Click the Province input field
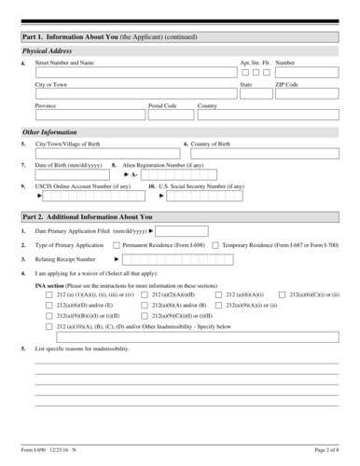tap(89, 114)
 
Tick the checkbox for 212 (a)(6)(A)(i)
tap(218, 294)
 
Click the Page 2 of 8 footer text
tap(325, 451)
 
